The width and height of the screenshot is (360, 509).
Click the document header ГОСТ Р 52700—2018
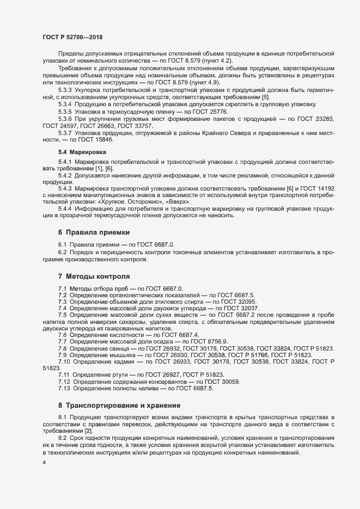pyautogui.click(x=72, y=37)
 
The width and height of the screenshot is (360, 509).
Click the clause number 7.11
pyautogui.click(x=65, y=374)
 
